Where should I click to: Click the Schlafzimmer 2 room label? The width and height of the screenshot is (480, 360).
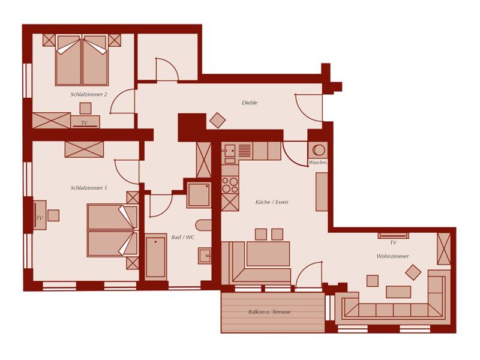pyautogui.click(x=89, y=94)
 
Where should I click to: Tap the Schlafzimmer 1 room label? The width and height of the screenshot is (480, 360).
pyautogui.click(x=89, y=188)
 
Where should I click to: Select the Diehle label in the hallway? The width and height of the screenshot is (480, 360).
pyautogui.click(x=250, y=103)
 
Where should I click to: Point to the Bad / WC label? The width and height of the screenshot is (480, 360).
pyautogui.click(x=183, y=237)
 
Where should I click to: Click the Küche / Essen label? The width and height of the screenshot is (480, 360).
pyautogui.click(x=272, y=202)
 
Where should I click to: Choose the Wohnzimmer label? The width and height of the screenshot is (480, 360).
pyautogui.click(x=392, y=256)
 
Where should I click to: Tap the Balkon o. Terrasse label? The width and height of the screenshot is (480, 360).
pyautogui.click(x=269, y=312)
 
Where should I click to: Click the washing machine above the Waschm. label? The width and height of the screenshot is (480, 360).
pyautogui.click(x=318, y=151)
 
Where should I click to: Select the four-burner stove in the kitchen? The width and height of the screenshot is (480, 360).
pyautogui.click(x=230, y=185)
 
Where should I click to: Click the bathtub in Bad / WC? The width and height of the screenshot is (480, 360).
pyautogui.click(x=155, y=257)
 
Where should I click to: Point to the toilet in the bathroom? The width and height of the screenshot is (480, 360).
pyautogui.click(x=203, y=225)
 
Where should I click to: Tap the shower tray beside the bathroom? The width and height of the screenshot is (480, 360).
pyautogui.click(x=199, y=194)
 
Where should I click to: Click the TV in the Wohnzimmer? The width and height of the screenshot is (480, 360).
pyautogui.click(x=393, y=235)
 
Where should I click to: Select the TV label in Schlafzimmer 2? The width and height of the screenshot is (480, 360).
pyautogui.click(x=84, y=123)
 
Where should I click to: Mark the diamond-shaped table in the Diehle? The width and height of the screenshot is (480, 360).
pyautogui.click(x=218, y=121)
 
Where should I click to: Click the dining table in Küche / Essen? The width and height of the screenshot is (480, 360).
pyautogui.click(x=268, y=254)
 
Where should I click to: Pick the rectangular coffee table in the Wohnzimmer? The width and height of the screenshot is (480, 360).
pyautogui.click(x=398, y=292)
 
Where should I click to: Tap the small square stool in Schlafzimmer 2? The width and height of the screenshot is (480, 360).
pyautogui.click(x=85, y=109)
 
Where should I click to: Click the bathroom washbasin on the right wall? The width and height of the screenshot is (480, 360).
pyautogui.click(x=205, y=256)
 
